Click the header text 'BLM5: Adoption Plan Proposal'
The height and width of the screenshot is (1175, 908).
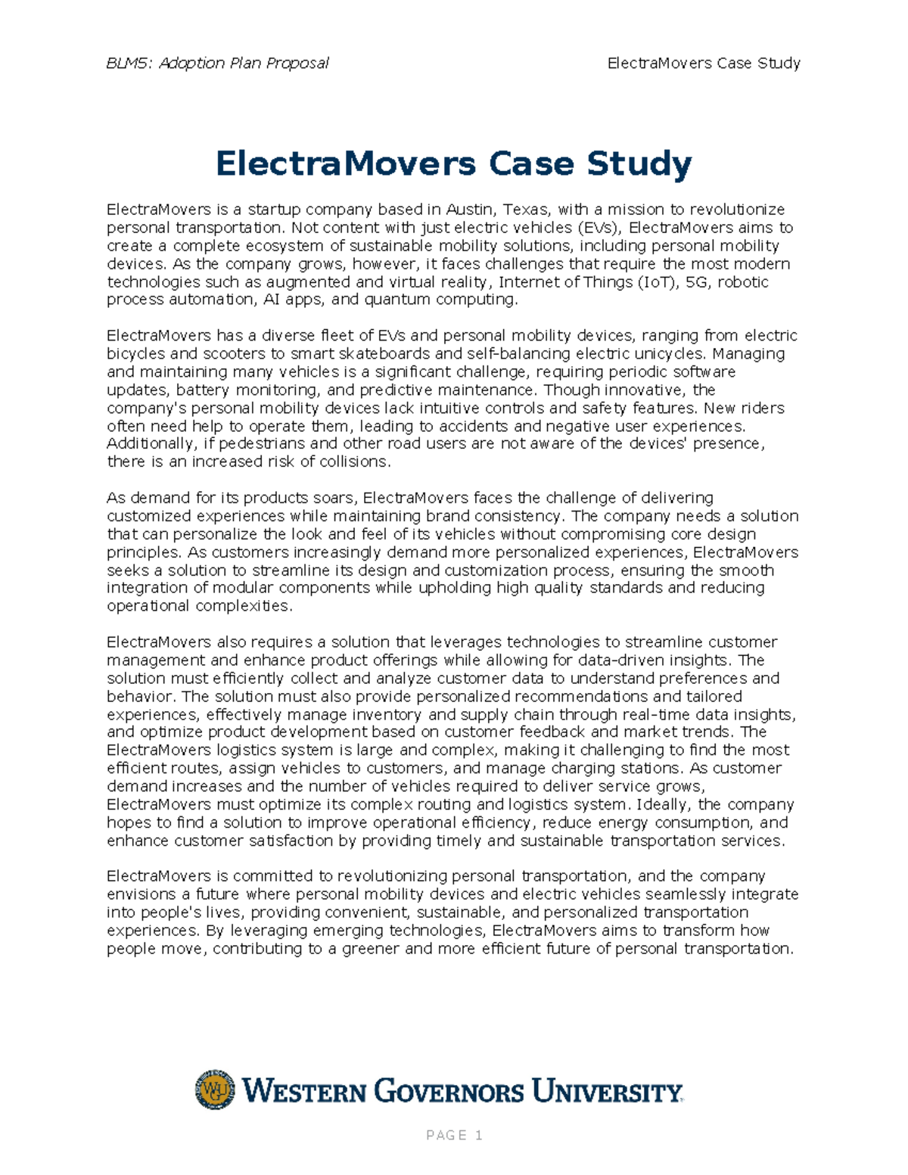pyautogui.click(x=217, y=64)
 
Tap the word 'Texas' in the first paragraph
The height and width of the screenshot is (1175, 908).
pyautogui.click(x=527, y=210)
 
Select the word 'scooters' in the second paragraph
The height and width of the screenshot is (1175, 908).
pyautogui.click(x=241, y=354)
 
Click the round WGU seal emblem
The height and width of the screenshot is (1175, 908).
pyautogui.click(x=215, y=1090)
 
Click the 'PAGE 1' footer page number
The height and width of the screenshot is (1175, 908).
pyautogui.click(x=454, y=1135)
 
